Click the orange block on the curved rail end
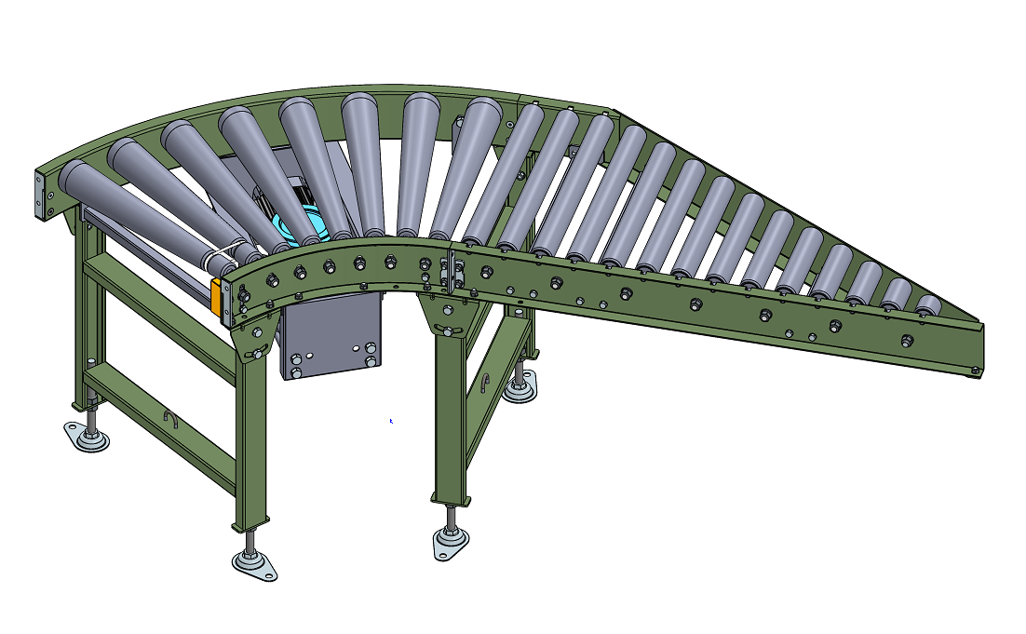point(216,296)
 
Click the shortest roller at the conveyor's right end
point(926,306)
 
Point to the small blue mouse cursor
point(391,421)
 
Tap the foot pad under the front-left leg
point(254,563)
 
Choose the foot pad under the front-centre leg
point(451,541)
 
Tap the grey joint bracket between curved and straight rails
point(452,271)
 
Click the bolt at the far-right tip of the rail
point(974,371)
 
